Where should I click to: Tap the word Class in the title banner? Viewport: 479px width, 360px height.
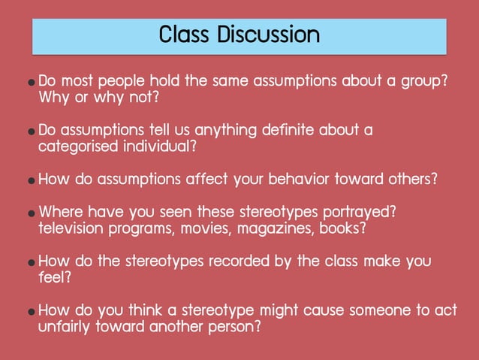pyautogui.click(x=185, y=35)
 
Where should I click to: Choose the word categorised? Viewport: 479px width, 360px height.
pyautogui.click(x=77, y=147)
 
